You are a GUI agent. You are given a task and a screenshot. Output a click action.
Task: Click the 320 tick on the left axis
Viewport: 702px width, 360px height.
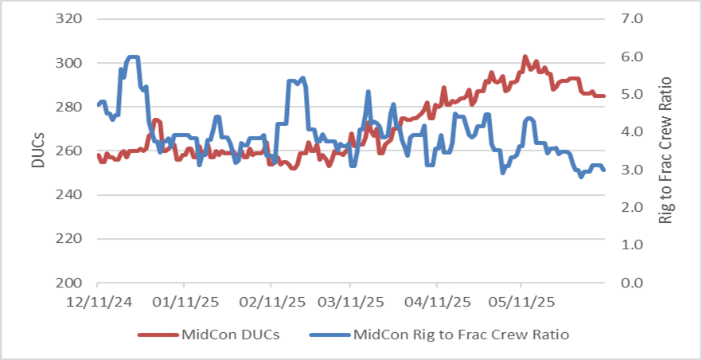coord(70,19)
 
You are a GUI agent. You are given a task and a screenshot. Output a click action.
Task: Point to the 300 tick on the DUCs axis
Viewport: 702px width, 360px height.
coord(70,63)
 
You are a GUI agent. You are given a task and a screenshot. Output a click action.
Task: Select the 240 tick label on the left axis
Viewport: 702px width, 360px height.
coord(70,194)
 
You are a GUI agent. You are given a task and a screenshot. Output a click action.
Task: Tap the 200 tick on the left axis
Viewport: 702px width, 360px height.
coord(70,283)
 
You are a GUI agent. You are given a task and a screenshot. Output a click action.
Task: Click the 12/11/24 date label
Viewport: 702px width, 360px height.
coord(97,303)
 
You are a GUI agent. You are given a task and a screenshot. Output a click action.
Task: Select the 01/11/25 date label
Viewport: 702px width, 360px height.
coord(184,303)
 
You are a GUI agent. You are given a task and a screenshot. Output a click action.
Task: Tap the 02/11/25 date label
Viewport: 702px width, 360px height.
coord(271,303)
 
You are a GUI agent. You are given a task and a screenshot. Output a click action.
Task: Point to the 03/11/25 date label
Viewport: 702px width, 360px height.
coord(349,303)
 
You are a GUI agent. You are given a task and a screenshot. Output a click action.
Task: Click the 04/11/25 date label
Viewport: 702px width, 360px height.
coord(437,303)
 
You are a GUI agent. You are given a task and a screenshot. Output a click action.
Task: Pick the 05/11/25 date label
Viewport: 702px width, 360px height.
coord(521,303)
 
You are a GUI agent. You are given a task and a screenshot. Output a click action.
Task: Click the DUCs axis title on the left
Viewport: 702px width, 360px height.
coord(37,150)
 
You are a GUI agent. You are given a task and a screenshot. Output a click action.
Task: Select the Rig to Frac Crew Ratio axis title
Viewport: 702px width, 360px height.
coord(667,150)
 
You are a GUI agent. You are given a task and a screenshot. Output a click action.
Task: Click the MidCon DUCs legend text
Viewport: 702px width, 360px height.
coord(232,335)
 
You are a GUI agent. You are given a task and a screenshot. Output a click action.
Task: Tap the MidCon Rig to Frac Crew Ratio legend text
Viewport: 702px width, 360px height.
coord(462,335)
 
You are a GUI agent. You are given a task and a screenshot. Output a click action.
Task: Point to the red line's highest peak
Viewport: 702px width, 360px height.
coord(525,57)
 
